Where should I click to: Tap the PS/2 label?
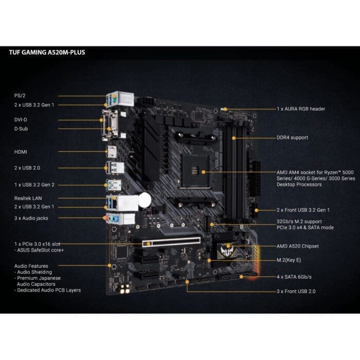(20, 96)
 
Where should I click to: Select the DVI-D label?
(21, 119)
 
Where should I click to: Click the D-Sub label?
(21, 129)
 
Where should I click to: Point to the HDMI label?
(21, 152)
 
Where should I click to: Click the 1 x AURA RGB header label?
(301, 109)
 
